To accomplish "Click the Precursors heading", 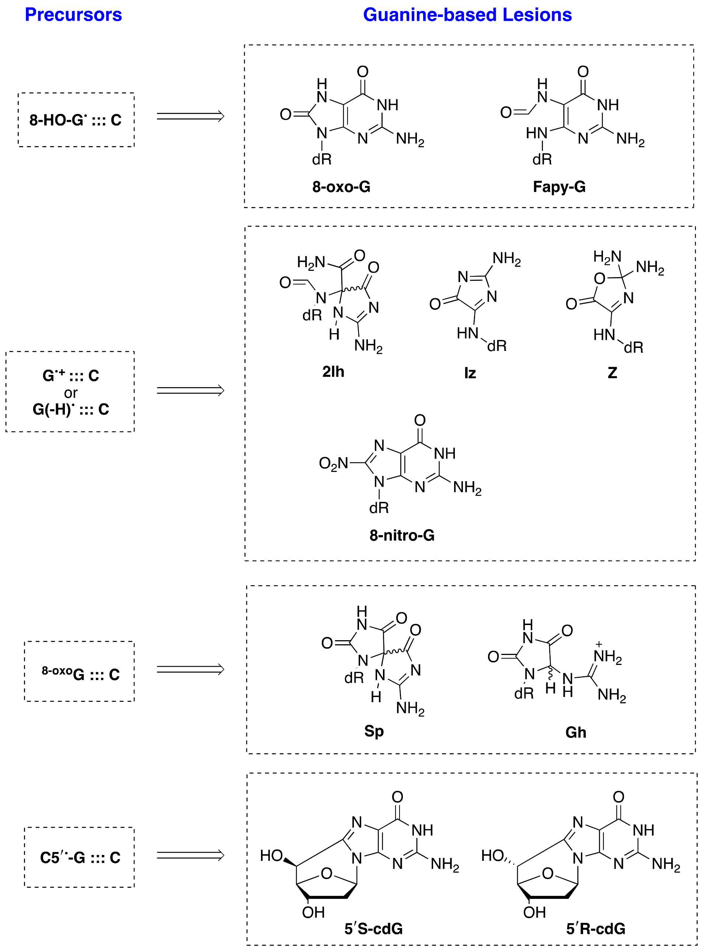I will click(x=73, y=15).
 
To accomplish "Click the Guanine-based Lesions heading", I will click(x=467, y=15).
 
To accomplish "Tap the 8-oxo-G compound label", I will click(x=341, y=187).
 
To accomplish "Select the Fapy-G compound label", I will click(x=559, y=187).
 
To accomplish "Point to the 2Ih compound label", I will click(x=333, y=372).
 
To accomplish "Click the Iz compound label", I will click(x=470, y=373).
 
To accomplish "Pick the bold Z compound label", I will click(x=612, y=373).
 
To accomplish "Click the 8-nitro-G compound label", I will click(x=402, y=535).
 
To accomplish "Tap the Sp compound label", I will click(x=374, y=731).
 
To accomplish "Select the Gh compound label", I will click(x=576, y=732).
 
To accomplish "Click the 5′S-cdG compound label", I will click(x=373, y=928).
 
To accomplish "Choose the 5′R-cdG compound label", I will click(x=595, y=928).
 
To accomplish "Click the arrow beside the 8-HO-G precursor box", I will click(x=190, y=116).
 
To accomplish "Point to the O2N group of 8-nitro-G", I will click(x=333, y=463).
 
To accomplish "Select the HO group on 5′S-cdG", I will click(x=271, y=855).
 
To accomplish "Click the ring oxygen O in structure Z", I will click(x=599, y=279).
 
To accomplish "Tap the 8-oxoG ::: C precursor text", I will click(x=81, y=673).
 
